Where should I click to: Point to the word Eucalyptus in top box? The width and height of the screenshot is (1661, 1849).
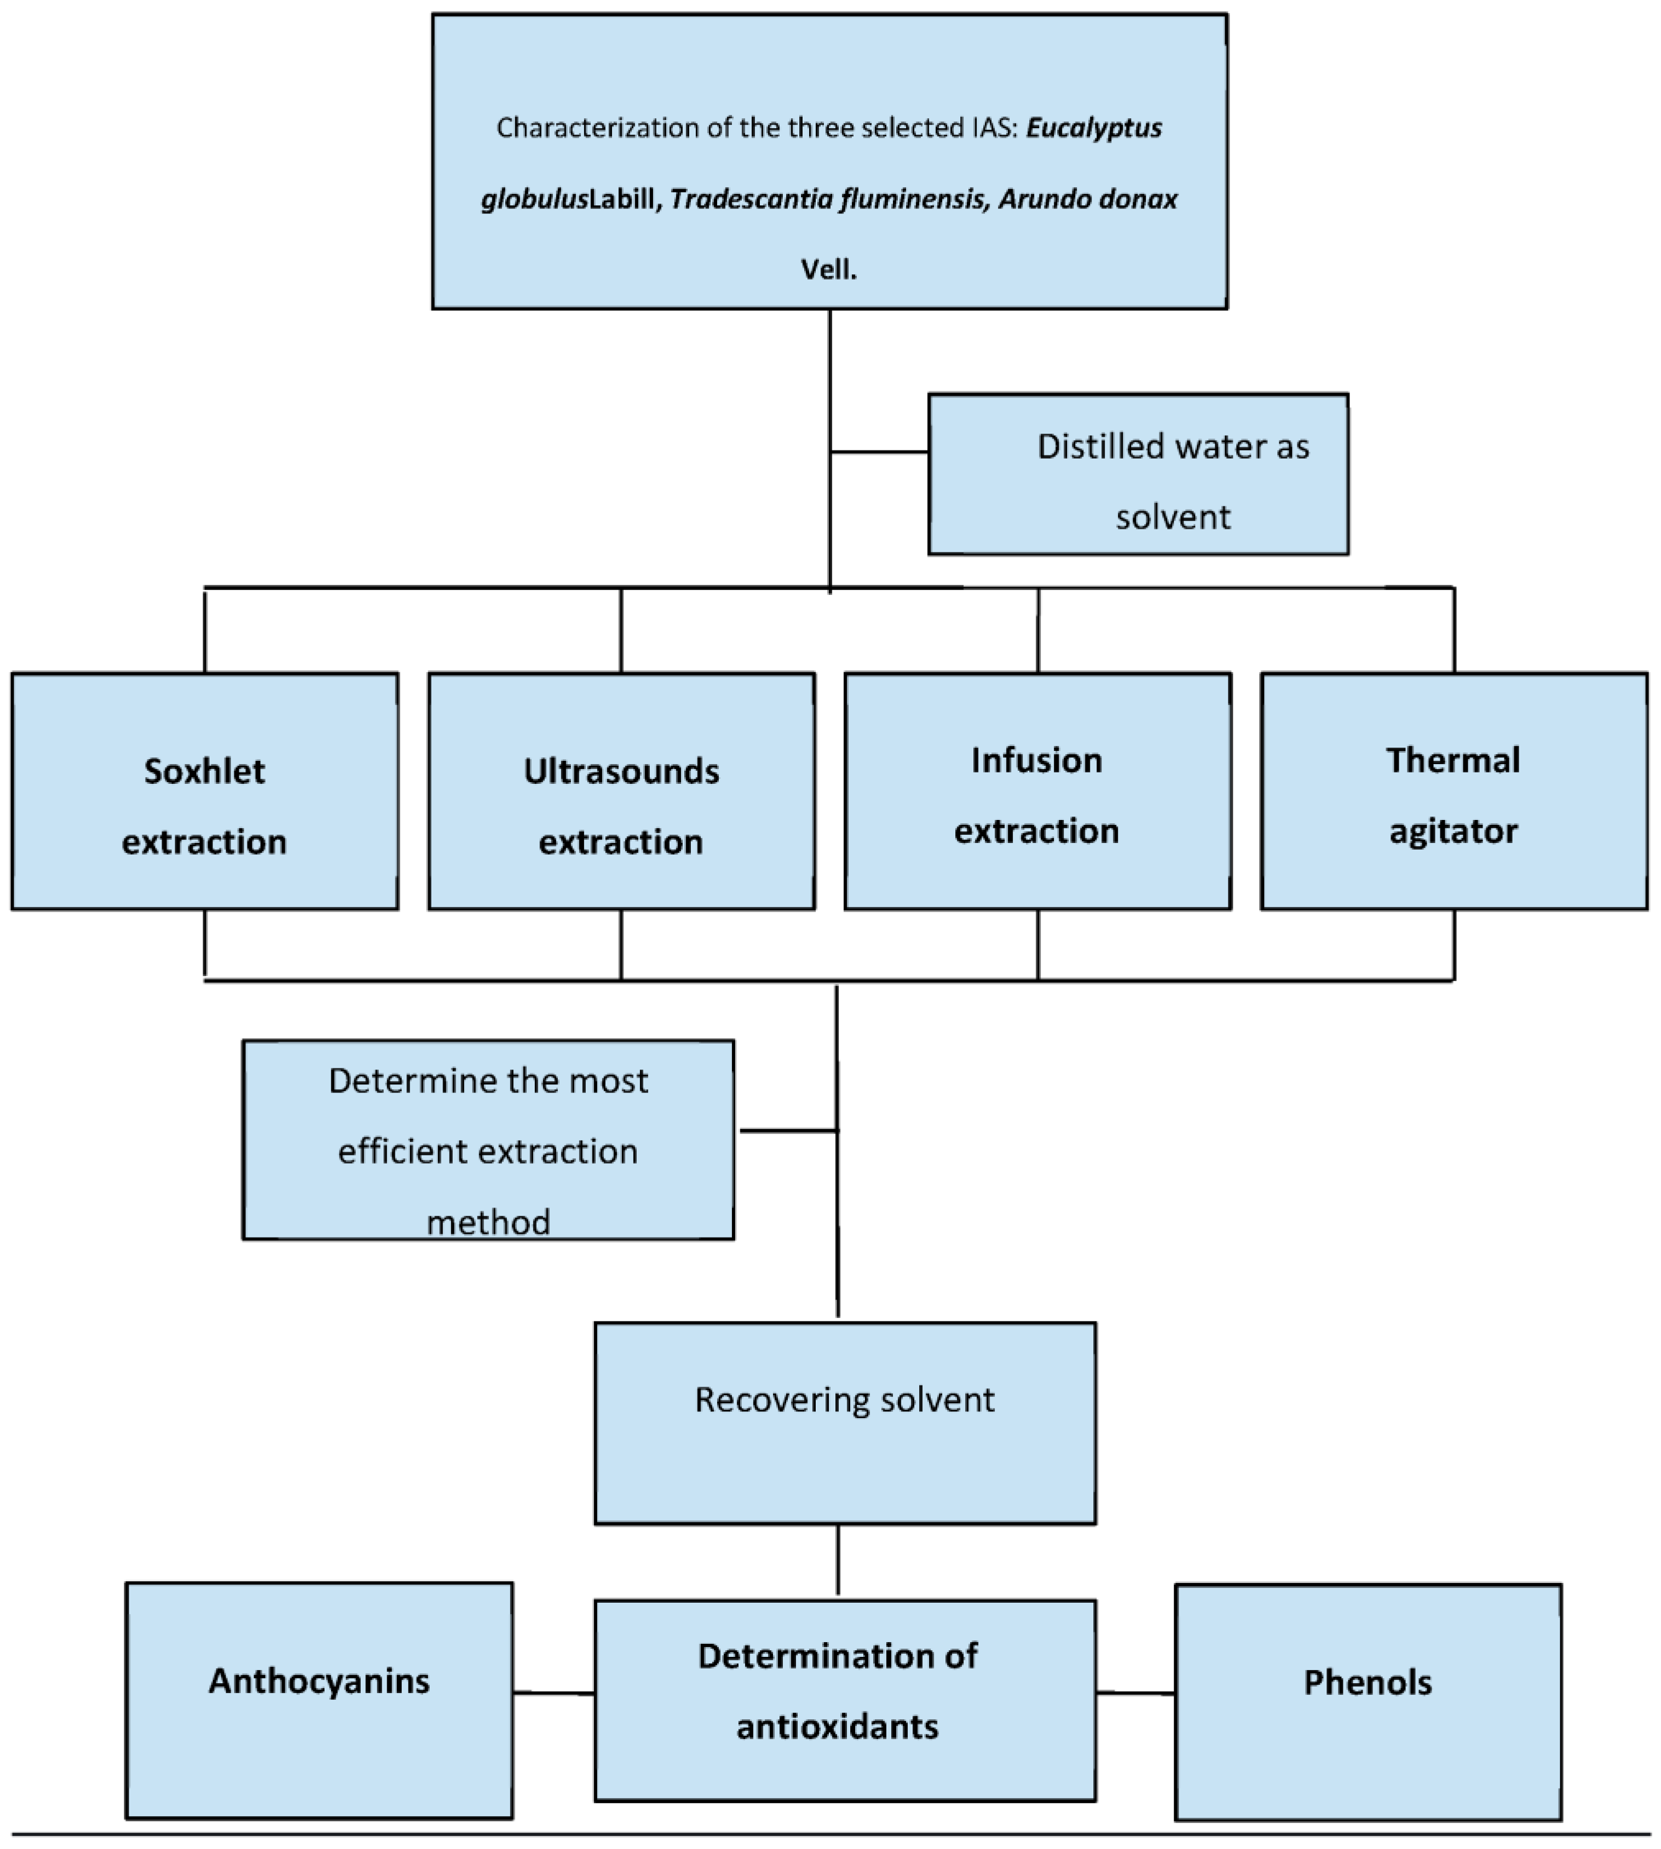pos(1093,128)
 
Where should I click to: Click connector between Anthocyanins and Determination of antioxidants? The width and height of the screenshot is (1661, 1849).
pos(553,1693)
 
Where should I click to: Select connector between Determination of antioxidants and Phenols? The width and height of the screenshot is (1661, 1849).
pos(1135,1693)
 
